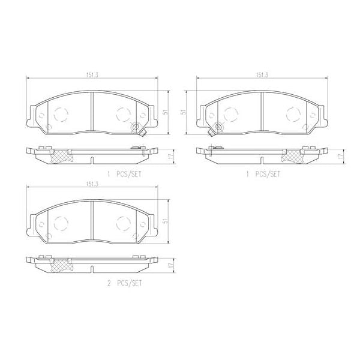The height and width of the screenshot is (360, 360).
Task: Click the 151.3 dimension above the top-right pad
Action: coord(262,75)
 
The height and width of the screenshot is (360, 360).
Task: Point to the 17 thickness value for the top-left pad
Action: coord(171,156)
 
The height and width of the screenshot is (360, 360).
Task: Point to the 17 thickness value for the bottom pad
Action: coord(171,265)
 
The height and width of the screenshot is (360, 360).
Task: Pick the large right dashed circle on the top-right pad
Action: coord(293,113)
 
